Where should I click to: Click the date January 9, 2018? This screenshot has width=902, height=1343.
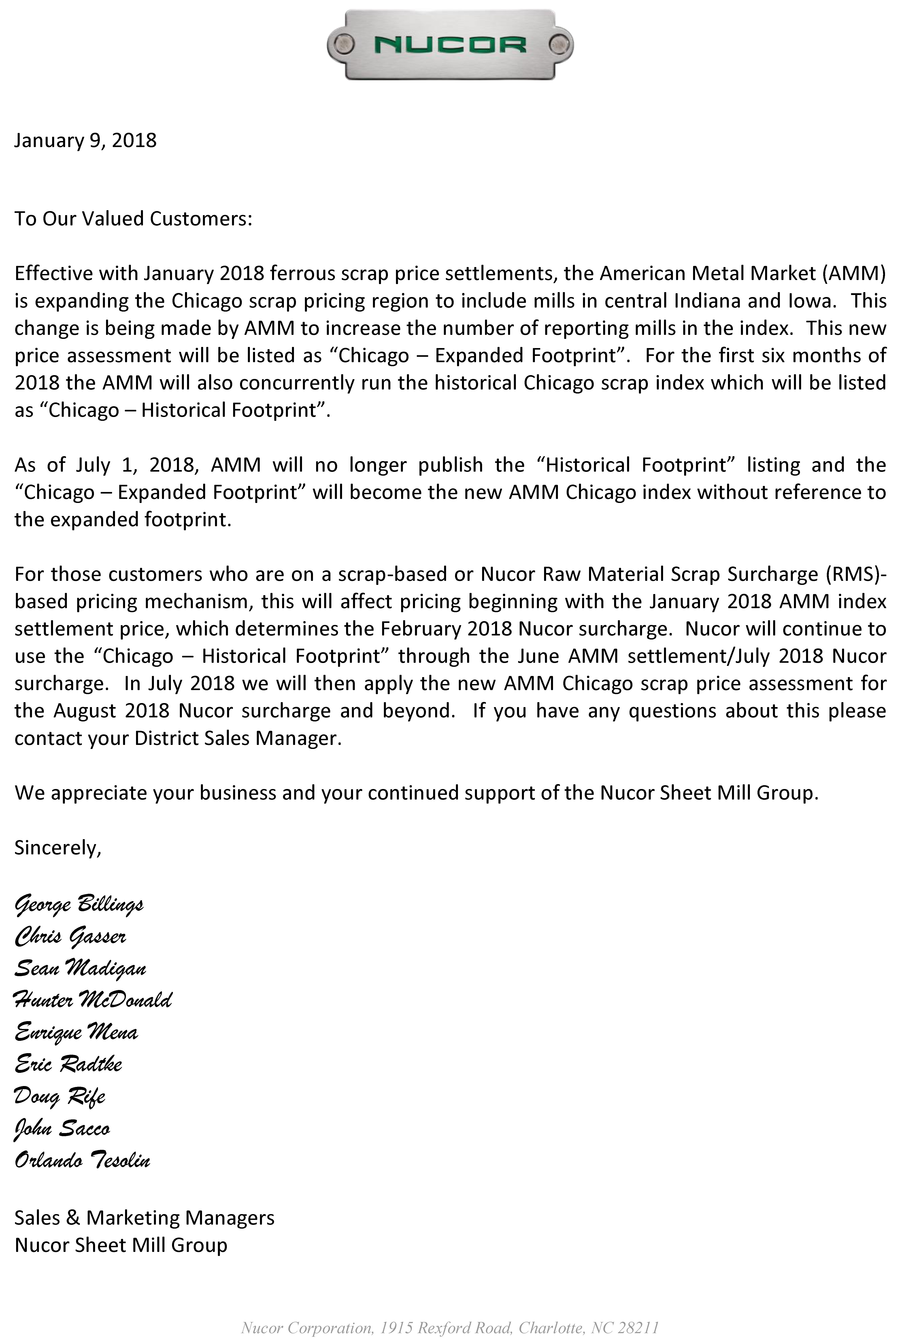pos(85,140)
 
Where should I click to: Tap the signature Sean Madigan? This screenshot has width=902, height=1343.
pos(80,968)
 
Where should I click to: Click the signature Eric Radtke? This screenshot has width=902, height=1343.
pos(68,1064)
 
